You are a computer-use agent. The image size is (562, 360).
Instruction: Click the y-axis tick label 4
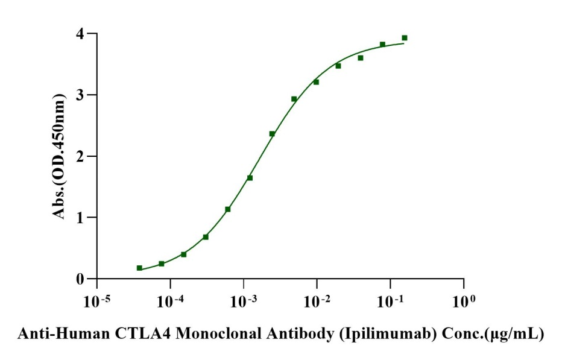tap(79, 34)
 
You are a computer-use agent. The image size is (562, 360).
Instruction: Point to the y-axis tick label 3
tap(79, 95)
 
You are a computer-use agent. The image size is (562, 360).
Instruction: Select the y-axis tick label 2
tap(79, 157)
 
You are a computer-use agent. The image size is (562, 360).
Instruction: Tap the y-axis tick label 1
tap(79, 218)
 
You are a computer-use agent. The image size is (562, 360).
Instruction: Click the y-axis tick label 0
tap(79, 279)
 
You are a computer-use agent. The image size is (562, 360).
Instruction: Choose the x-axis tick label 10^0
tap(464, 300)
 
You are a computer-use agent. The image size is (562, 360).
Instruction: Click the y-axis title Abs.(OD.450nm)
tap(60, 156)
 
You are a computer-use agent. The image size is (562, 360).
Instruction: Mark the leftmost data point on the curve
tap(139, 268)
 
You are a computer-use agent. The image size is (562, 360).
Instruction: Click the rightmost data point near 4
tap(405, 38)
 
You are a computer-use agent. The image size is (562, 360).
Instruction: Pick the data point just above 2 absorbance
tap(272, 134)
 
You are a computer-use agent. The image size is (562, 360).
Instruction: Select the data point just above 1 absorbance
tap(228, 209)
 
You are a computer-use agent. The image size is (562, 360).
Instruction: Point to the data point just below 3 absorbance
tap(294, 99)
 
